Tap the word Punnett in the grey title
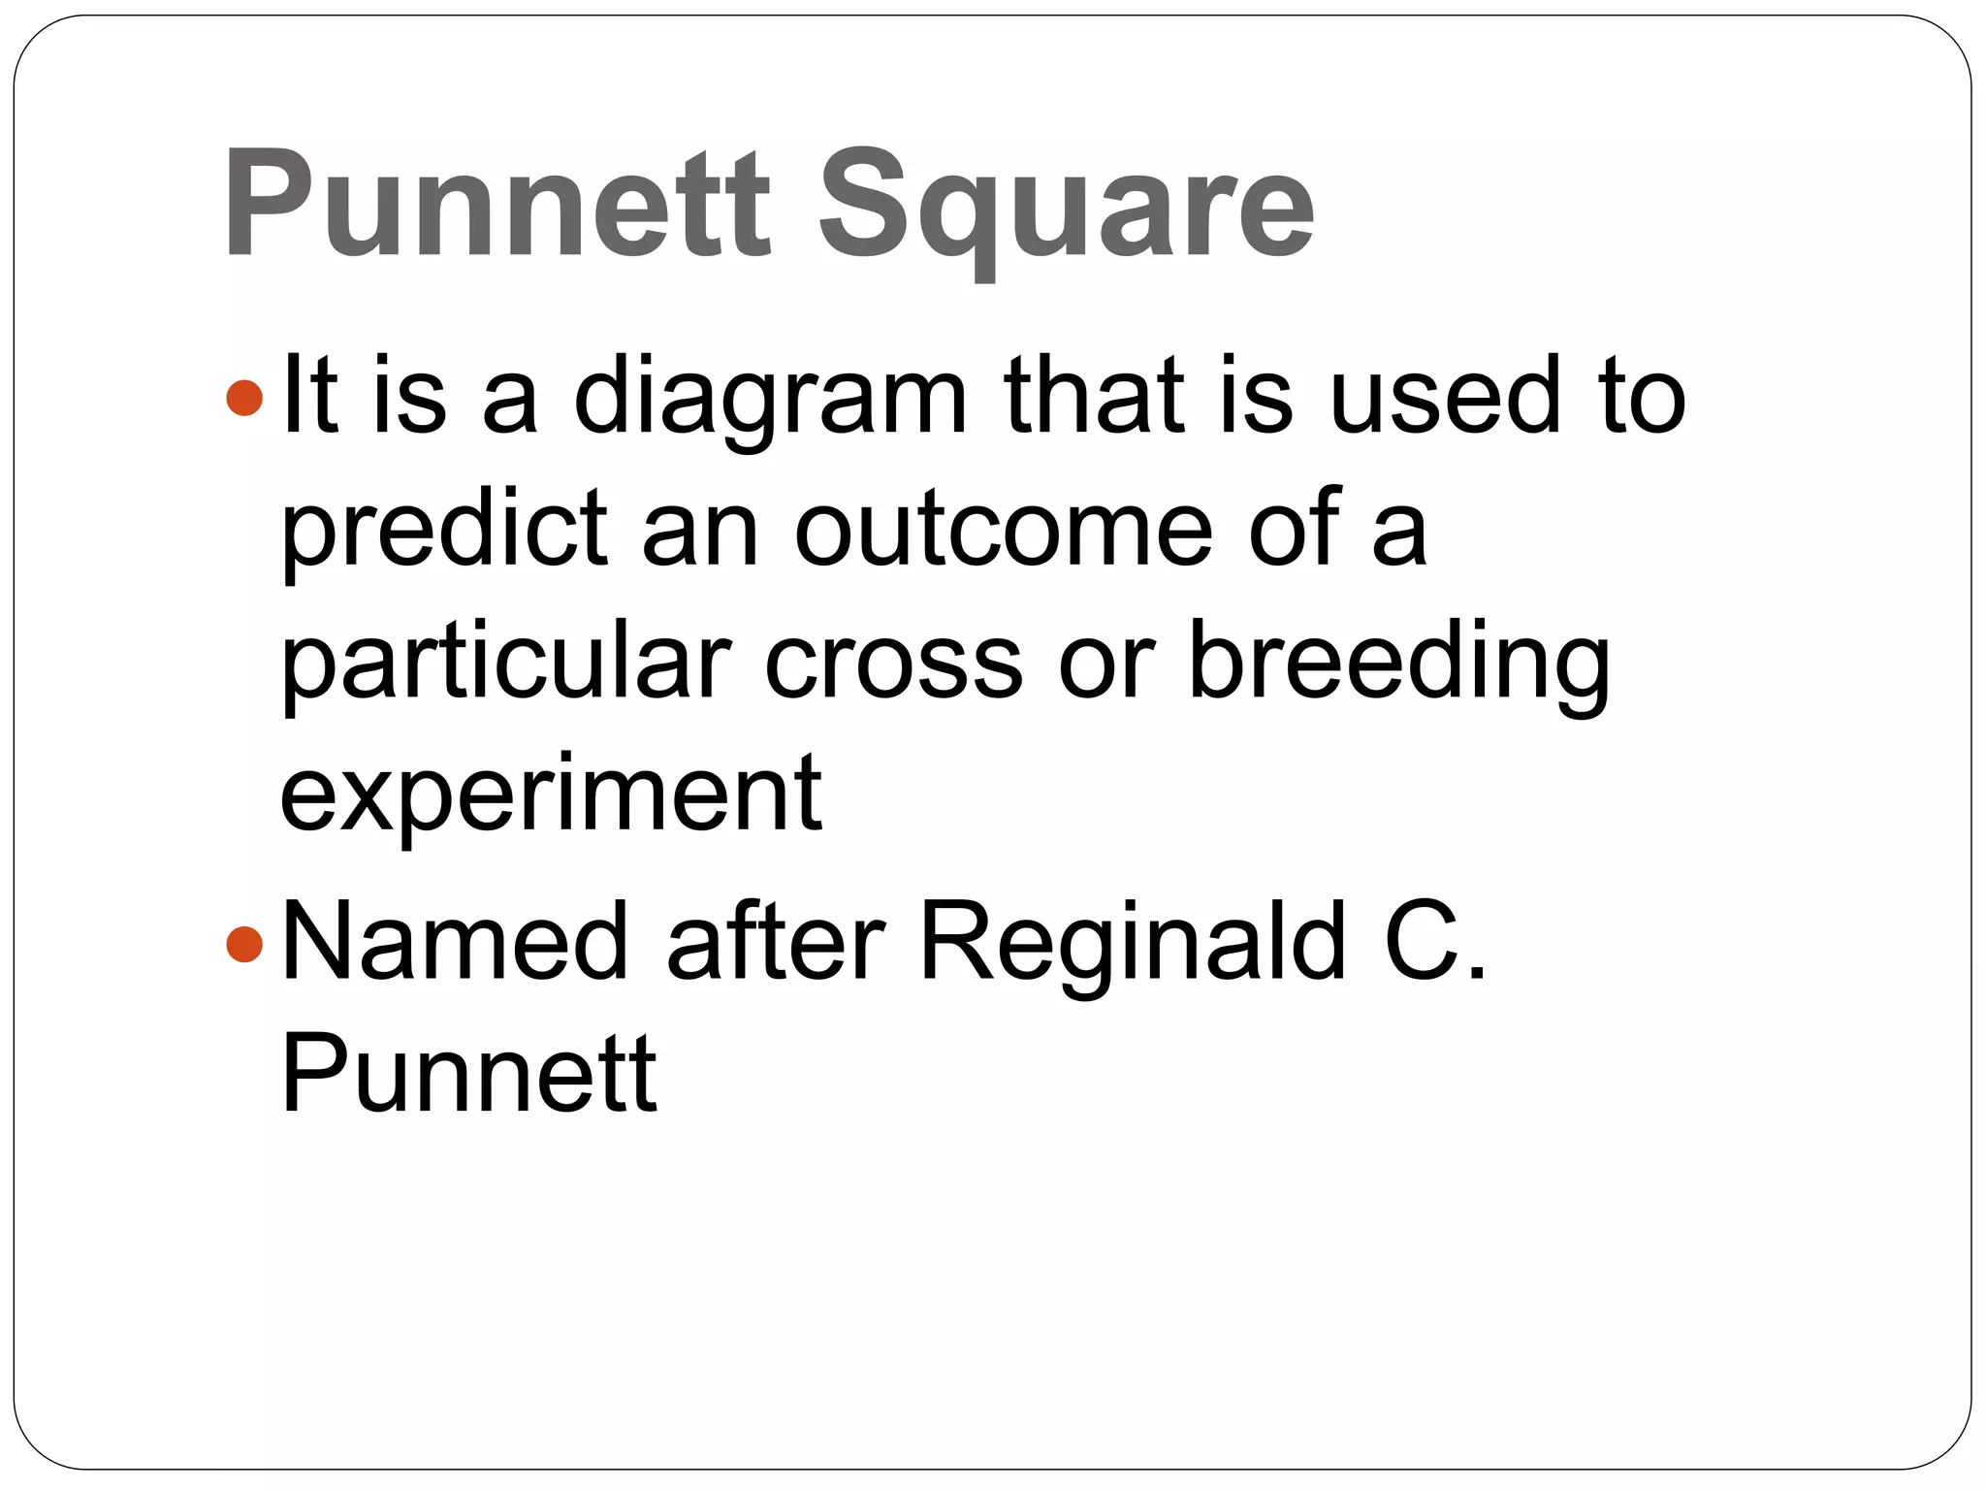497,204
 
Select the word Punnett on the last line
469,1074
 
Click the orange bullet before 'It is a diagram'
243,398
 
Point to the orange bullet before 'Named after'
243,943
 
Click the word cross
893,664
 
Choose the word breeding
1398,664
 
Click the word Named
455,941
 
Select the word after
776,941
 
